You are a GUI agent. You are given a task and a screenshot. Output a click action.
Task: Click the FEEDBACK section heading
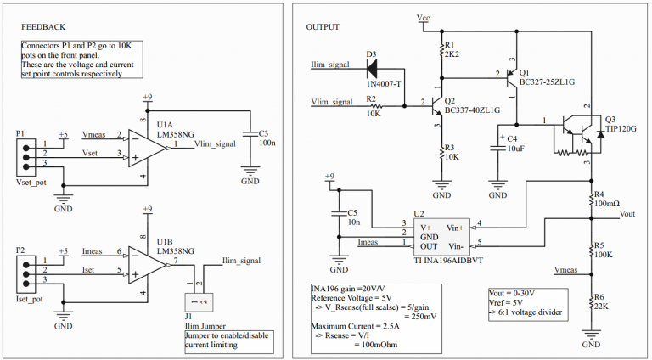click(x=44, y=27)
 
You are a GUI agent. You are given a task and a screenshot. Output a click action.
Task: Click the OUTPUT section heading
click(x=323, y=27)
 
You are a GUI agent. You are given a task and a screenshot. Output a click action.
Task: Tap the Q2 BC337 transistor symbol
click(x=436, y=106)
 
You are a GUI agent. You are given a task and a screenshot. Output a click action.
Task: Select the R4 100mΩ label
click(x=607, y=203)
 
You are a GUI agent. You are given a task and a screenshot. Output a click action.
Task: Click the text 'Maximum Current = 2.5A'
click(x=356, y=325)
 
